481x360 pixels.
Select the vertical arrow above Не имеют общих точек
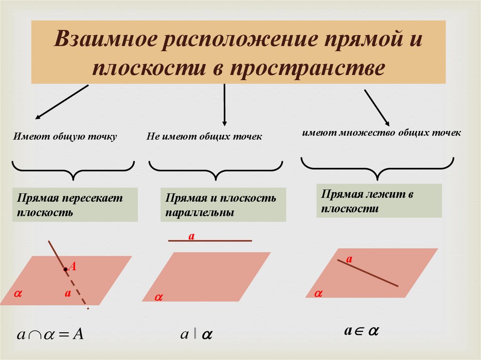225,105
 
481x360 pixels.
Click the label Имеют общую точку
65,137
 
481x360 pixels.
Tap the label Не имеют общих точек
204,137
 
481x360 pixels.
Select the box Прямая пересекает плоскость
75,205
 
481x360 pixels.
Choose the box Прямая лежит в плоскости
379,200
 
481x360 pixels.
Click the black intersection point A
65,269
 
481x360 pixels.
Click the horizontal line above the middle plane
210,241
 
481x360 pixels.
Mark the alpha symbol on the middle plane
158,298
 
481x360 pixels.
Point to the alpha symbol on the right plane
318,293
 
